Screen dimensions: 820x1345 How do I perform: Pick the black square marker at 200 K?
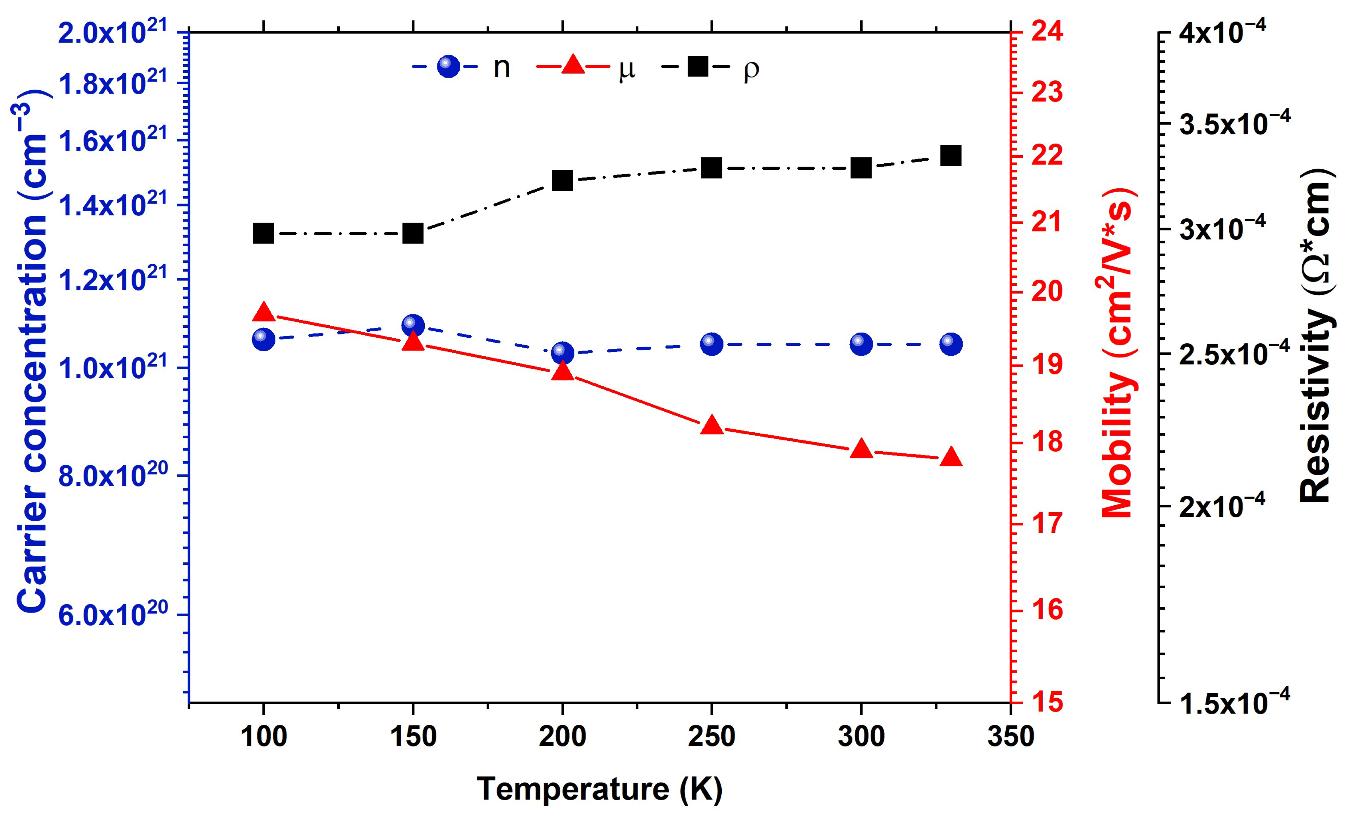click(562, 180)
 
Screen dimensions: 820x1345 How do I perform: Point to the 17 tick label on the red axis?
click(1047, 523)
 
